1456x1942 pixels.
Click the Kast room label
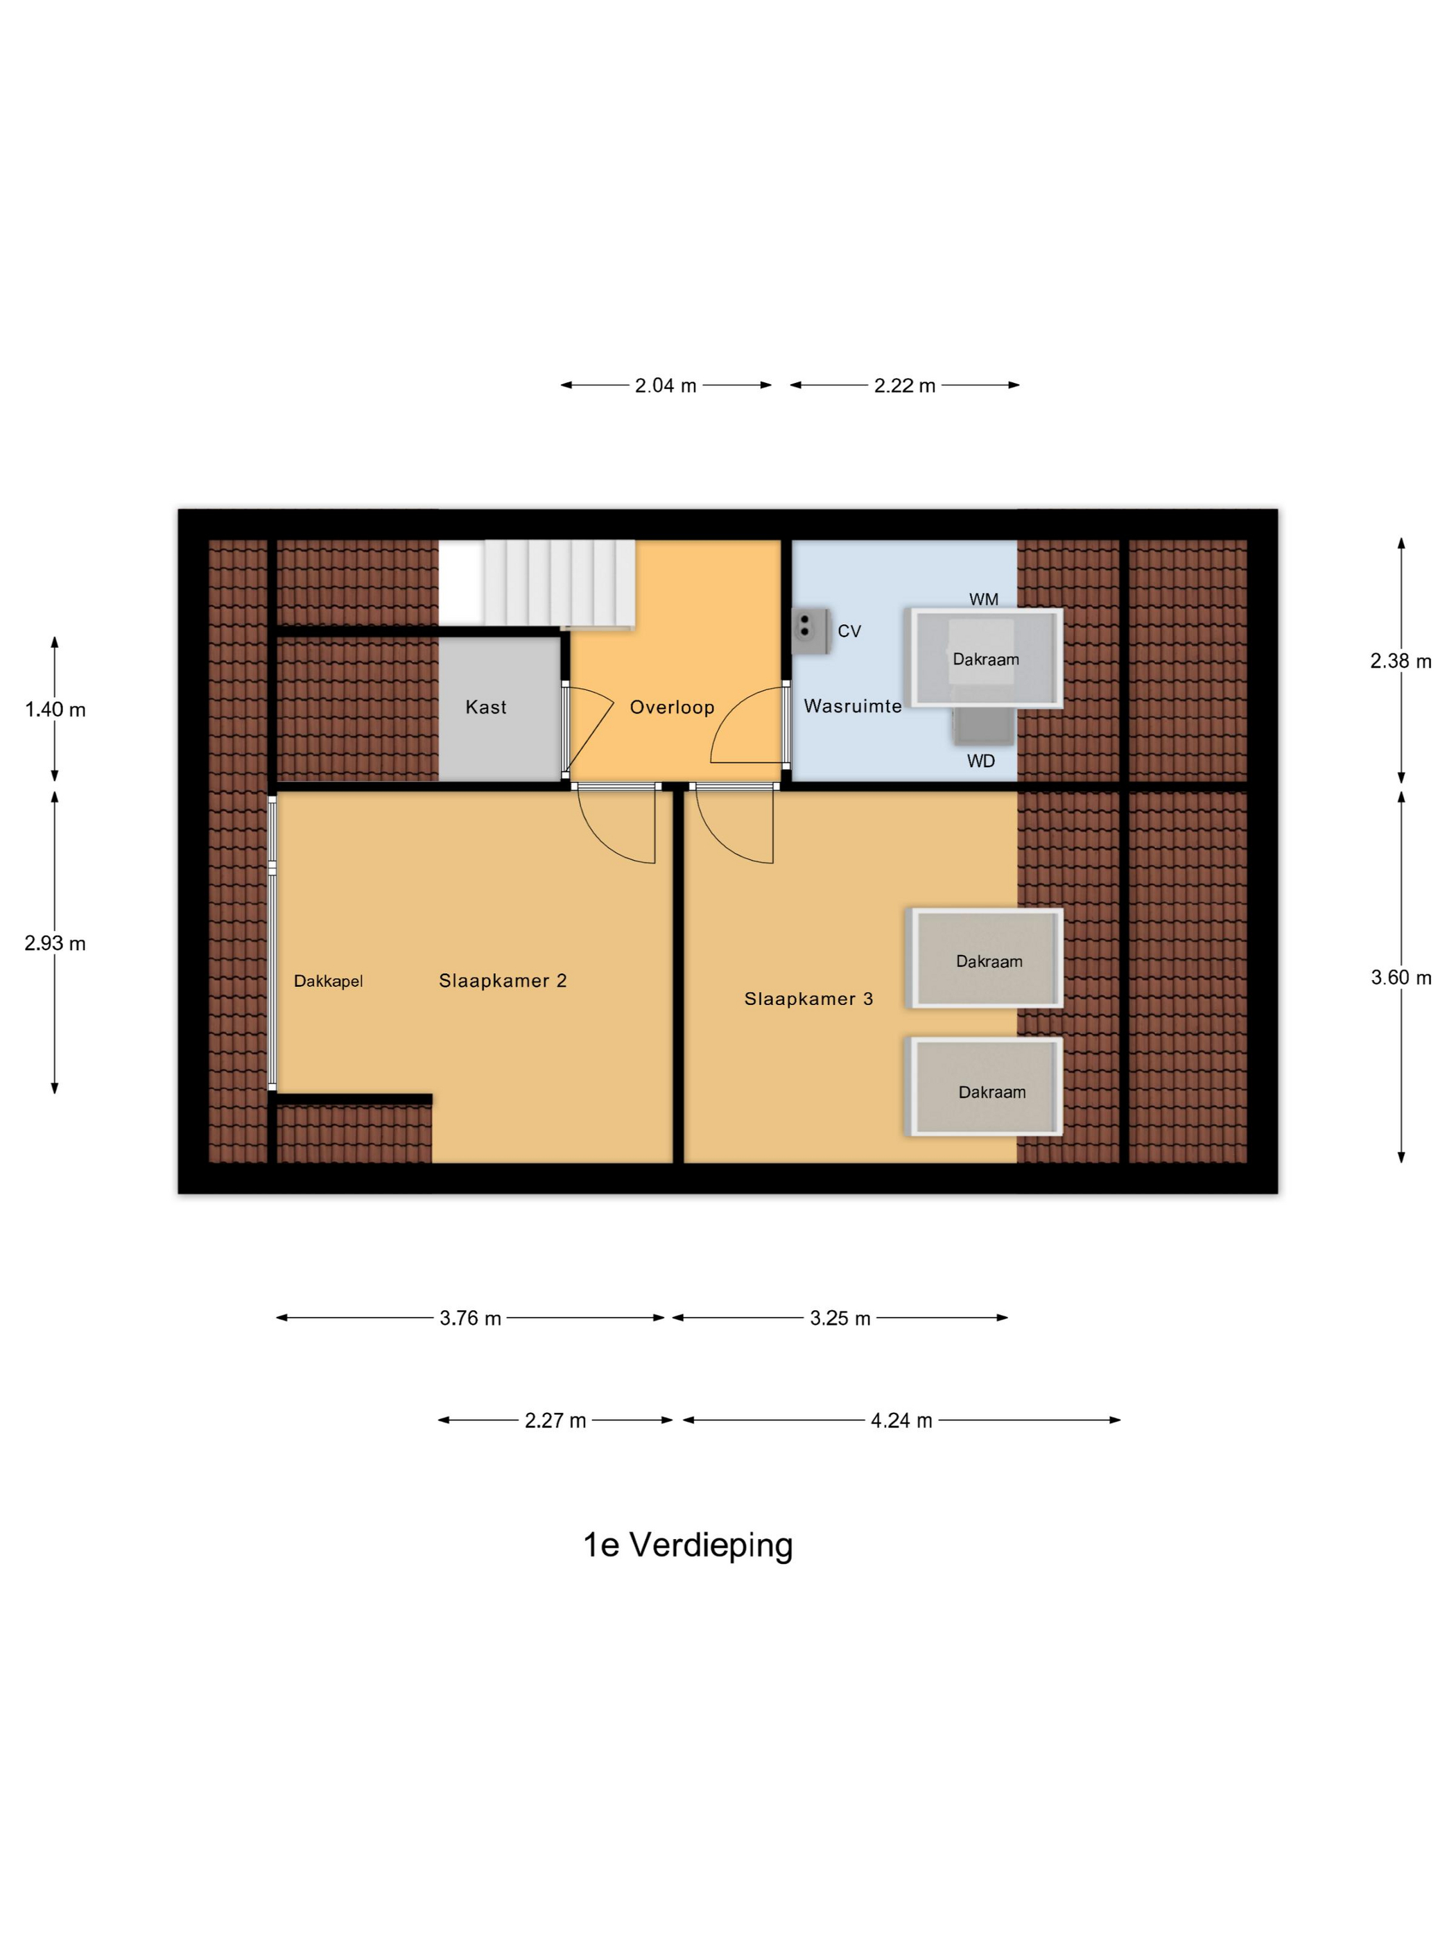coord(485,707)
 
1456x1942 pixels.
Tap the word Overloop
coord(673,707)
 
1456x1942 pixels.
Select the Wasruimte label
coord(852,706)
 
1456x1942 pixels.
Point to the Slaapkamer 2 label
coord(502,981)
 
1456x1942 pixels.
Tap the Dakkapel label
coord(327,981)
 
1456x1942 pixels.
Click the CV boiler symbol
coord(811,631)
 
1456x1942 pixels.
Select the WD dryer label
coord(981,761)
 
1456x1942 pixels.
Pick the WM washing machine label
coord(984,600)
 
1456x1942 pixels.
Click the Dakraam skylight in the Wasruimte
coord(986,658)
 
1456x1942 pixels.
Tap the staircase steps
coord(536,583)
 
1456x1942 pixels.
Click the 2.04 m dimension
coord(666,386)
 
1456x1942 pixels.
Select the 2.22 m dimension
coord(905,386)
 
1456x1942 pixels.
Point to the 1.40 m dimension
coord(54,710)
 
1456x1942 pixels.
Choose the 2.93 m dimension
coord(54,943)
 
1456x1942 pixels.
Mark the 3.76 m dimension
coord(470,1318)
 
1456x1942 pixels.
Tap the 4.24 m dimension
coord(901,1420)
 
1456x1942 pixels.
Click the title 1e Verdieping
coord(688,1545)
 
